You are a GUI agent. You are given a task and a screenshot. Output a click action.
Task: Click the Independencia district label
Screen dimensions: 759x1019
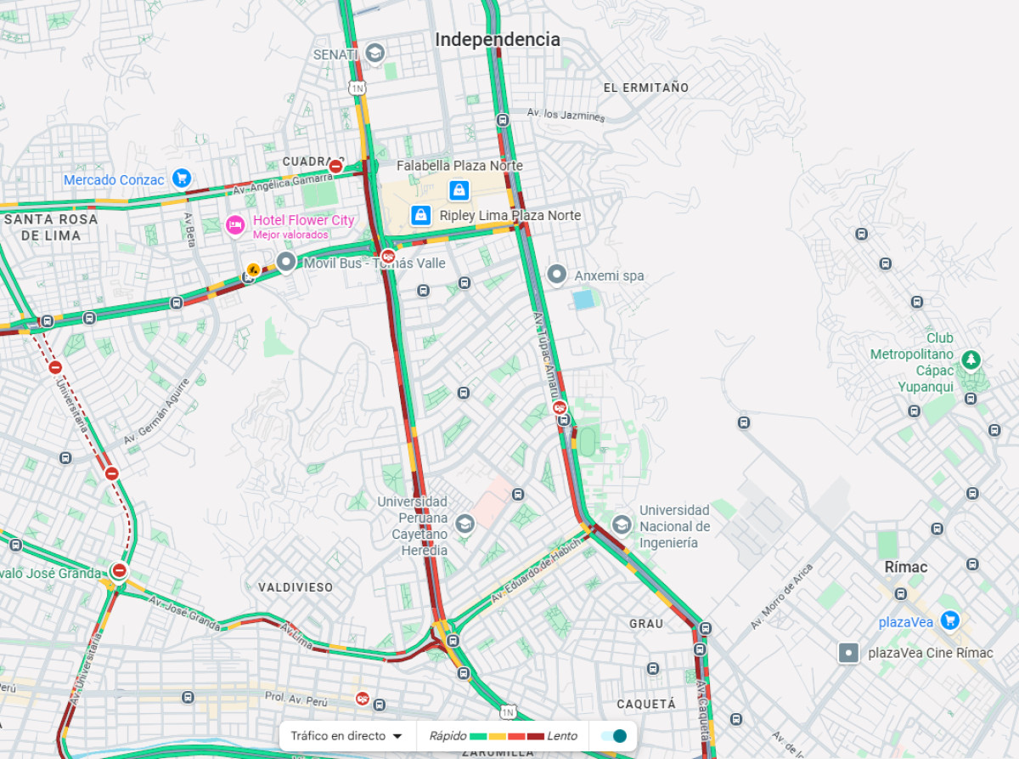[x=498, y=40]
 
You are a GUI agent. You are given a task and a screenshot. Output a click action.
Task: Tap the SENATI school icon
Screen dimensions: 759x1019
[x=374, y=54]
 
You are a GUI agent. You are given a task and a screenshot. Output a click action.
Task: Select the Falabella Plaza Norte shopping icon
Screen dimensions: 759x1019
[x=459, y=190]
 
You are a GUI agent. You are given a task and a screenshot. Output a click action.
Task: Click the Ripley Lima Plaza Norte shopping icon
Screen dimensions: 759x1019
[x=420, y=215]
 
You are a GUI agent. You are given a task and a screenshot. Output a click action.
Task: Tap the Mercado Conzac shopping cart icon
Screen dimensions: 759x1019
[x=181, y=178]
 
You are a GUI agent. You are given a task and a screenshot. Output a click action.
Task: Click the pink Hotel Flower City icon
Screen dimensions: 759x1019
[x=235, y=225]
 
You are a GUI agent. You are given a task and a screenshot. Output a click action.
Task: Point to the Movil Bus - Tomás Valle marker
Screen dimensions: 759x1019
[x=286, y=263]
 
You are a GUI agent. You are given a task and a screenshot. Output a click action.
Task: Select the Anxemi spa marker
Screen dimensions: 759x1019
[x=557, y=275]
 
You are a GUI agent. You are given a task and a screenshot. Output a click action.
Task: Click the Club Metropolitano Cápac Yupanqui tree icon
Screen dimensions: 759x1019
[x=971, y=360]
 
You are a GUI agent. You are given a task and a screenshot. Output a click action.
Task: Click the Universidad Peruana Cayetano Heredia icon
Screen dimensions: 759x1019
[x=464, y=524]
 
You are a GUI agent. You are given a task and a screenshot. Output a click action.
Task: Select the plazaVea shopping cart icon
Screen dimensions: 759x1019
[x=950, y=621]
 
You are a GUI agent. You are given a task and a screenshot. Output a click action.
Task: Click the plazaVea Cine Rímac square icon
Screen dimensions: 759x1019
[x=848, y=653]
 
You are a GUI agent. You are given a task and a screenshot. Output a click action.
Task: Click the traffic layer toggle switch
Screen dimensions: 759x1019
[x=613, y=736]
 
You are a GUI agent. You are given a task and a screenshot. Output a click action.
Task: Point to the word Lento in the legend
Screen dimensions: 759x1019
[x=562, y=736]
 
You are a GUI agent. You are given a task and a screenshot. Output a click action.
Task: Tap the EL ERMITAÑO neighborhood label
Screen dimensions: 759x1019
[x=646, y=88]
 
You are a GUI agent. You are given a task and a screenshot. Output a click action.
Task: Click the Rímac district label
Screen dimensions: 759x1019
[x=906, y=567]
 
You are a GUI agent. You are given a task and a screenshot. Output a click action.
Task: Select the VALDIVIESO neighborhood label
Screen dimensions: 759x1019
[x=296, y=587]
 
